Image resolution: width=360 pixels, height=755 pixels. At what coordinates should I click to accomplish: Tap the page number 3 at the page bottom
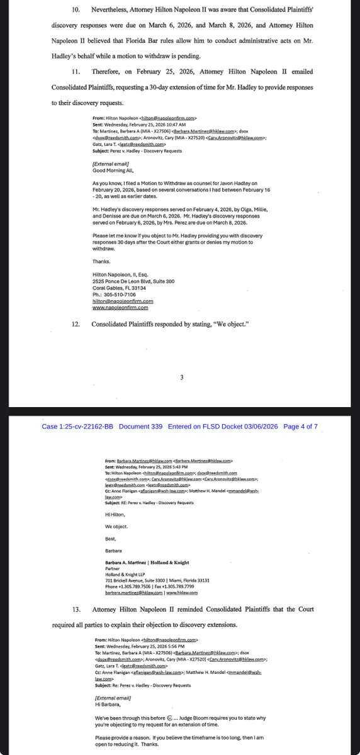point(181,377)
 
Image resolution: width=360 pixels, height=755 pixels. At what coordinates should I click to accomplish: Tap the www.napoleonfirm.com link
point(120,308)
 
